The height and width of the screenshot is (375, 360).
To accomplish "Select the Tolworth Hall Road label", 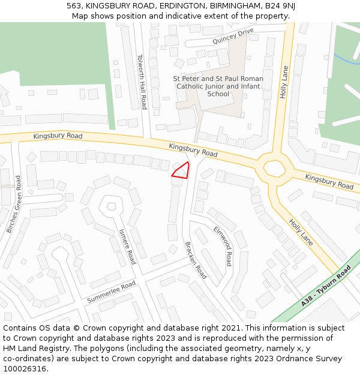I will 142,82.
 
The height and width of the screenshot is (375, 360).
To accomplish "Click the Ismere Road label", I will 127,246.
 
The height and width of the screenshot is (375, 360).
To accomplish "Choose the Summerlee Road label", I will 111,292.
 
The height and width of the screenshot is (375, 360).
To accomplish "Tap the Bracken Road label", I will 196,260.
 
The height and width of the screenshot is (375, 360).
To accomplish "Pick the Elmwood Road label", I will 223,246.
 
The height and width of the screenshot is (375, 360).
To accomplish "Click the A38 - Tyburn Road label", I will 326,286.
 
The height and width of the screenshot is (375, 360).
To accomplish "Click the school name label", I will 218,86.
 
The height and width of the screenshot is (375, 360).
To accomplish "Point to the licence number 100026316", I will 25,369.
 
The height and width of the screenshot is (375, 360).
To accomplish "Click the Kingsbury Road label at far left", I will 58,136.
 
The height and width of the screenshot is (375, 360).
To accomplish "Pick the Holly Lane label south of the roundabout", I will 301,232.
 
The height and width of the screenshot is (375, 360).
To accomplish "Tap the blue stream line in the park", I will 346,59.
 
